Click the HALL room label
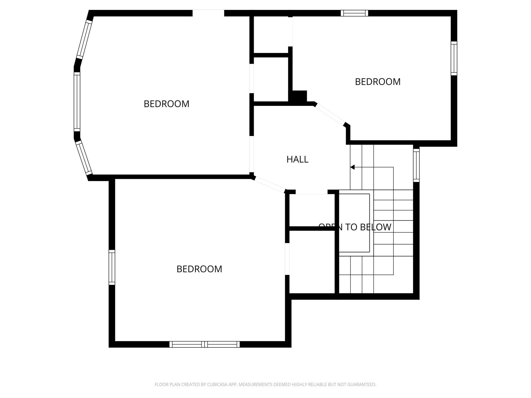(297, 159)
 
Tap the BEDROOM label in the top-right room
(378, 82)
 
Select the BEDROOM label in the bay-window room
(166, 104)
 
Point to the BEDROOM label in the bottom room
(199, 269)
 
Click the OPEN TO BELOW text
(355, 227)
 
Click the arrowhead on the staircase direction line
(352, 167)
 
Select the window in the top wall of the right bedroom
(354, 13)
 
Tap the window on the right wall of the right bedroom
(454, 58)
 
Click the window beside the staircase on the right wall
(416, 165)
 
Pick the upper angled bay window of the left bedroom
(84, 40)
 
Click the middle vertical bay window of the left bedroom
(77, 102)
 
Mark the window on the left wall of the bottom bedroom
(112, 267)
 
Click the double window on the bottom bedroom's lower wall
(204, 344)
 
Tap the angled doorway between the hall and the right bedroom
(330, 115)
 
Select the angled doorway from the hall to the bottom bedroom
(270, 184)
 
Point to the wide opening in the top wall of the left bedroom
(208, 13)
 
